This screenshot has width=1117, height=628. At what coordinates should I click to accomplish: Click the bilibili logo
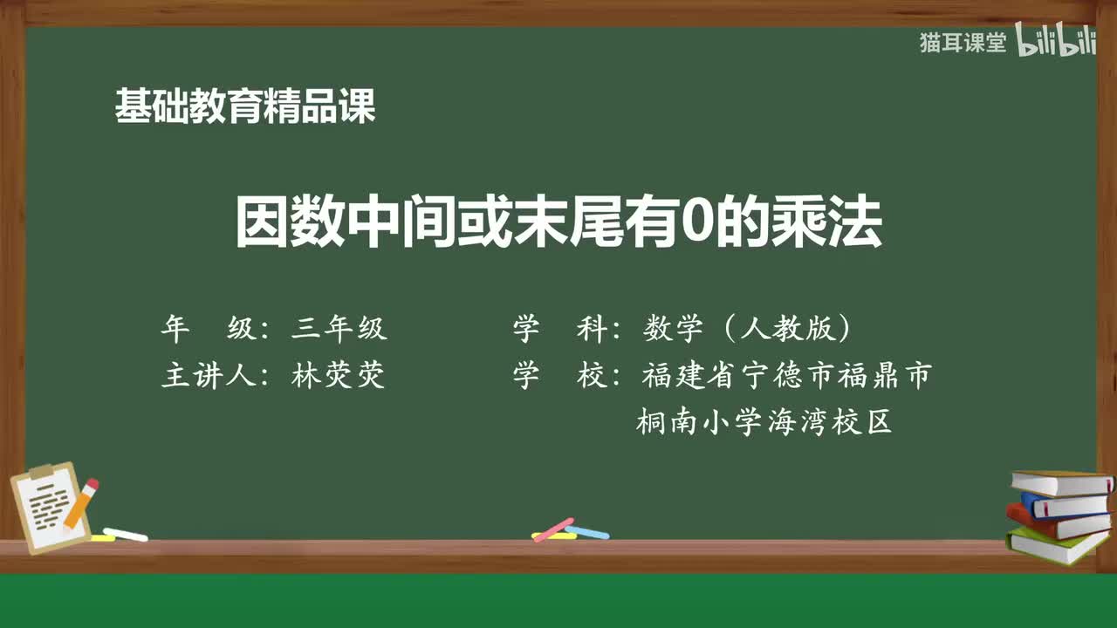coord(1056,43)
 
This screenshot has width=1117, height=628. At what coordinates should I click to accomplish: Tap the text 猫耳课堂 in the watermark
coord(963,43)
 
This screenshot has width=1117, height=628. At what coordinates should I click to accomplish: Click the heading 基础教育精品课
coord(245,107)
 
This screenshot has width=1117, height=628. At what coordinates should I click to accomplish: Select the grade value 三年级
coord(339,329)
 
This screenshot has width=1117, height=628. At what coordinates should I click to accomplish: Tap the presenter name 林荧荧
coord(339,376)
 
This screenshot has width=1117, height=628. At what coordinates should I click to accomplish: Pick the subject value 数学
coord(673,329)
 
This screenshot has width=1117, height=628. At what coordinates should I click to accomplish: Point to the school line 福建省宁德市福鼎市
coord(786,376)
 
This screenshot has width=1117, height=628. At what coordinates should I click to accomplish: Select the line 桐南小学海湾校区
coord(764,423)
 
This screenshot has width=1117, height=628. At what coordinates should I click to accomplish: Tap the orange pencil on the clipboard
coord(82,502)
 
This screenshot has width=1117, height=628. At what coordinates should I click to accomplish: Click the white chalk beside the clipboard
coord(125,534)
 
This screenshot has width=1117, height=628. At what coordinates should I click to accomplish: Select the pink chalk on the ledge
coord(553,529)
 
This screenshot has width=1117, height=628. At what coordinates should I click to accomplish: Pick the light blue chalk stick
coord(587,531)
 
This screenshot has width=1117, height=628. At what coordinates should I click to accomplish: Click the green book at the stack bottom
coord(1056,545)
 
